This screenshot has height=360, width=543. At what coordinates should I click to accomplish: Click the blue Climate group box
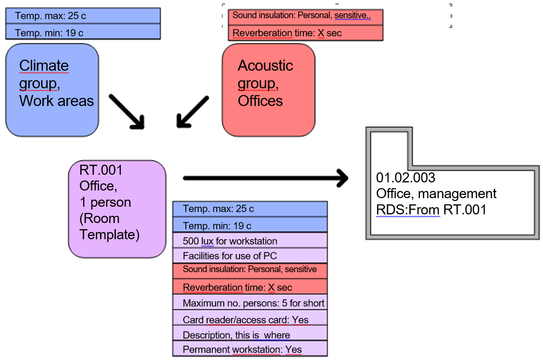[52, 89]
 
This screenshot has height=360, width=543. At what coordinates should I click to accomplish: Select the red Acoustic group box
[269, 89]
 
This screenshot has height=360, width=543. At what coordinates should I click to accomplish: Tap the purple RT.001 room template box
[117, 209]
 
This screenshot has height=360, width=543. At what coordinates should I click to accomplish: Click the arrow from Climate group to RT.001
[126, 111]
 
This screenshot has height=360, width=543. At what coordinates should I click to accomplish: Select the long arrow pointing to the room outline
[265, 178]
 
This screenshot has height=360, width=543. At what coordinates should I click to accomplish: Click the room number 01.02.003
[406, 178]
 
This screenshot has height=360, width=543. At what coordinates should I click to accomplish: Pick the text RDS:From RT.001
[431, 209]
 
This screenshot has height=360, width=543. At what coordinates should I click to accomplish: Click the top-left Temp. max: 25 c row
[83, 16]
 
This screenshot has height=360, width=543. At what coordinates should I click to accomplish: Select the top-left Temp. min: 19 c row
[83, 32]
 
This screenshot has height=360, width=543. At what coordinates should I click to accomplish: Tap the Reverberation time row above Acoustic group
[305, 33]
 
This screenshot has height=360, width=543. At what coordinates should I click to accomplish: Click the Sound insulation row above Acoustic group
[305, 16]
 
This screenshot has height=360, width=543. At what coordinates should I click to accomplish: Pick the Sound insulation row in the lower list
[250, 270]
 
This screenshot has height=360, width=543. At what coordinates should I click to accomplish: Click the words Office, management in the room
[436, 193]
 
